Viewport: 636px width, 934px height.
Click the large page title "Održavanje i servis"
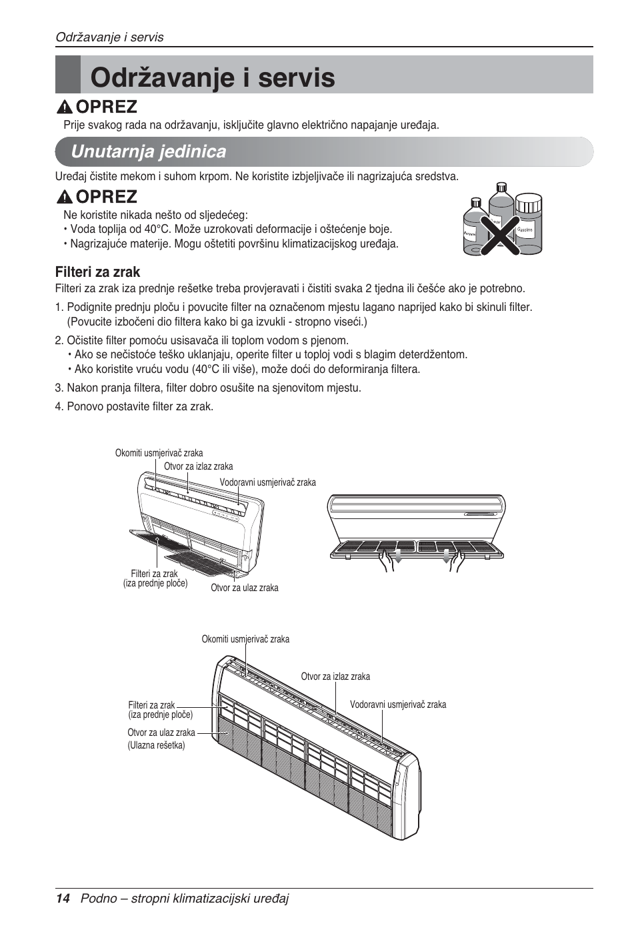pos(213,77)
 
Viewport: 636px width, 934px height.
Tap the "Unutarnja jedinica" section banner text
pos(148,151)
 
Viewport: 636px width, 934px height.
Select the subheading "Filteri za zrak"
pos(97,272)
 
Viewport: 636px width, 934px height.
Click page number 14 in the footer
pos(63,899)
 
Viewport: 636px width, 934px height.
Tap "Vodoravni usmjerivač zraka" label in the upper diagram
pos(267,482)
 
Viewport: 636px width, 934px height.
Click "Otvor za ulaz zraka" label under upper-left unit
pos(244,588)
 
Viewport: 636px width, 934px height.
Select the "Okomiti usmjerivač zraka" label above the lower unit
pos(245,639)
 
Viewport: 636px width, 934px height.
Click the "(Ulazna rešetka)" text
pos(156,745)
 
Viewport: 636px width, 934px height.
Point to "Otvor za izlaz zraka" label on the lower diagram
pos(335,676)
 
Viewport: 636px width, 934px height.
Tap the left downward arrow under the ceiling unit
pos(398,556)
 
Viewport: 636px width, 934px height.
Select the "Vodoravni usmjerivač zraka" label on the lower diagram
pos(398,705)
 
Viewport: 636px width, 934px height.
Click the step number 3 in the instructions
pos(59,388)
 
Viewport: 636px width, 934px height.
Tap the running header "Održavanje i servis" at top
pos(109,37)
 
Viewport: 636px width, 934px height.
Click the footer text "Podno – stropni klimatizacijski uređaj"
pos(185,899)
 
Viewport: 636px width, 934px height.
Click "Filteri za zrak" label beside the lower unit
pos(151,705)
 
